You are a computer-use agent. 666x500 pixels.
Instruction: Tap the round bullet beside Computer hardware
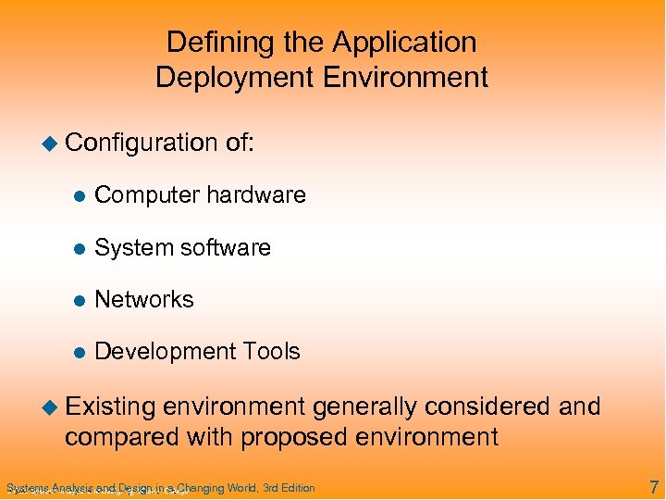(x=80, y=196)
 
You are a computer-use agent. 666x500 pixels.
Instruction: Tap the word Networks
(x=144, y=300)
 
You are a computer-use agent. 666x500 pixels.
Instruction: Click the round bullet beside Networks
(x=80, y=301)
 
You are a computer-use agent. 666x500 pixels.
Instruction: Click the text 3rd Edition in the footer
(x=289, y=488)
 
